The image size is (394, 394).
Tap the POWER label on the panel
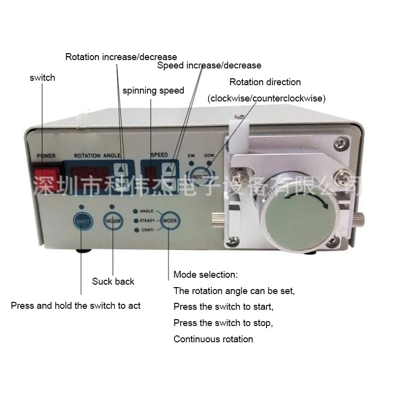point(46,156)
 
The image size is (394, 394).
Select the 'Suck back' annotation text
point(113,281)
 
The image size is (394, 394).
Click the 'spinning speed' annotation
point(153,91)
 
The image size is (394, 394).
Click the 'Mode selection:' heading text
point(205,274)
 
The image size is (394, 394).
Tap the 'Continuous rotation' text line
point(213,339)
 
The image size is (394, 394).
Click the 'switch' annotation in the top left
point(42,77)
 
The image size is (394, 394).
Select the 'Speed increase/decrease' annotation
point(209,65)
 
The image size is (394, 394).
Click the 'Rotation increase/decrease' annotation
point(121,57)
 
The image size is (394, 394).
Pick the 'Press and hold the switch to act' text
point(76,306)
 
